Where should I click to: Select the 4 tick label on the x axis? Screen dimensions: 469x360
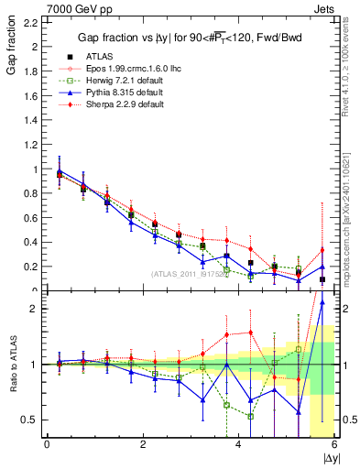(x=238, y=445)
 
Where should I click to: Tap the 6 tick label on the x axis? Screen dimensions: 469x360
(x=333, y=445)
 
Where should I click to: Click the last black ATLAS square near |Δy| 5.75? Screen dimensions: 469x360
(x=322, y=279)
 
